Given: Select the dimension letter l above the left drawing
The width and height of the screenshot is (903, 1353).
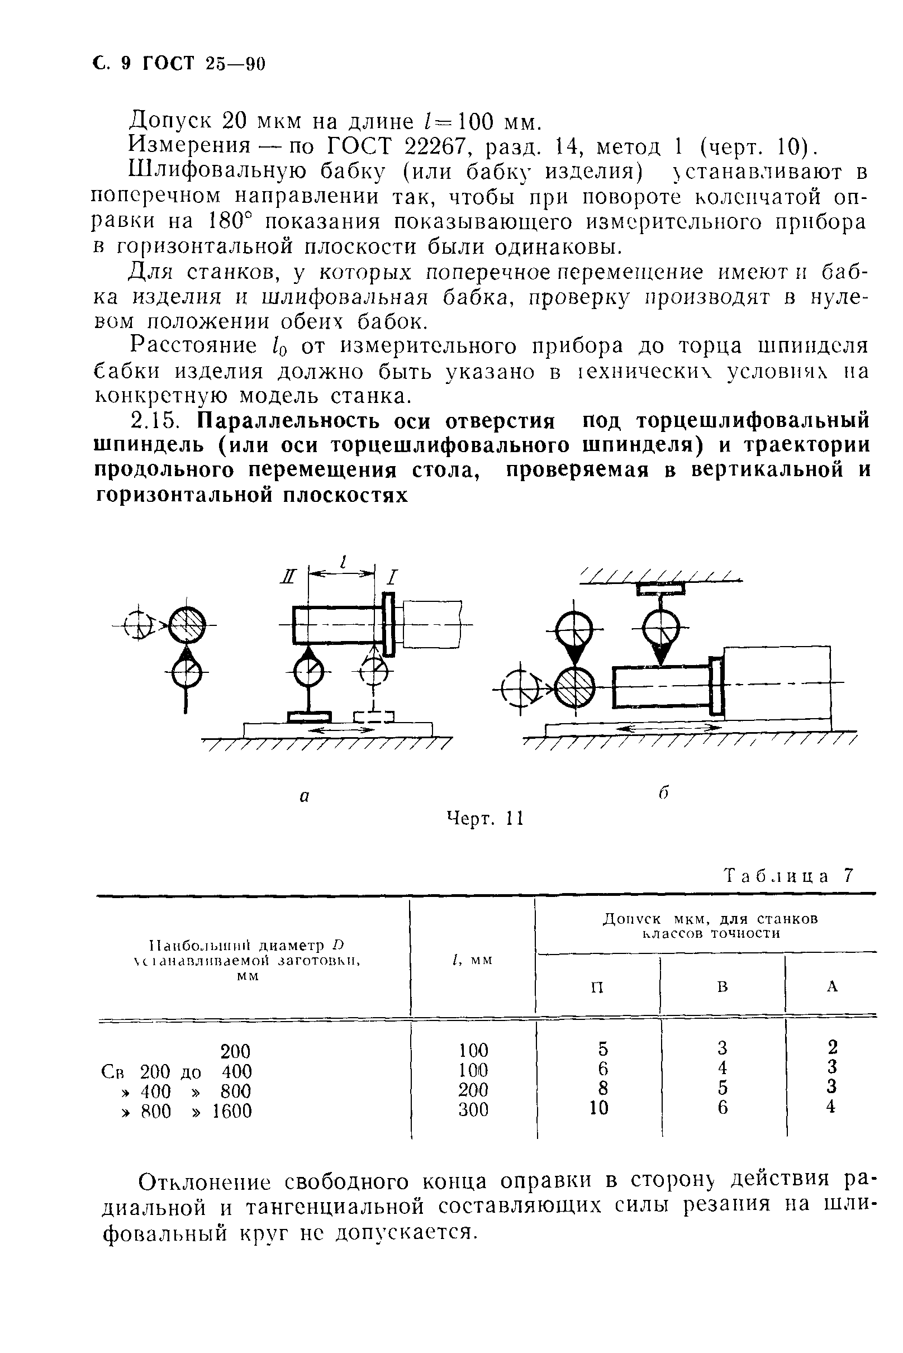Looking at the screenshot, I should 343,562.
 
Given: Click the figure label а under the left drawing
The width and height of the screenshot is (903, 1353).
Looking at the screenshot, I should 305,796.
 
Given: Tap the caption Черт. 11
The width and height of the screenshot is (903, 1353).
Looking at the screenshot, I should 485,819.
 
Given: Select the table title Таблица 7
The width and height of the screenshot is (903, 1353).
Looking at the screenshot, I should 788,876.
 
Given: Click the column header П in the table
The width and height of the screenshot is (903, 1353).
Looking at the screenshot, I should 597,988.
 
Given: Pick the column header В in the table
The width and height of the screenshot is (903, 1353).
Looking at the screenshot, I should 722,987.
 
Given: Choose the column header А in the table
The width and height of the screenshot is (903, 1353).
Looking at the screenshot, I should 831,987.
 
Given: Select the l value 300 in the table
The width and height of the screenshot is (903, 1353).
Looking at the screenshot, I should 473,1109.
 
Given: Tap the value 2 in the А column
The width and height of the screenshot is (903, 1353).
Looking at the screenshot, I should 831,1047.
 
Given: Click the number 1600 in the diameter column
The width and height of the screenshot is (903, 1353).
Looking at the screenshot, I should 232,1110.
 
